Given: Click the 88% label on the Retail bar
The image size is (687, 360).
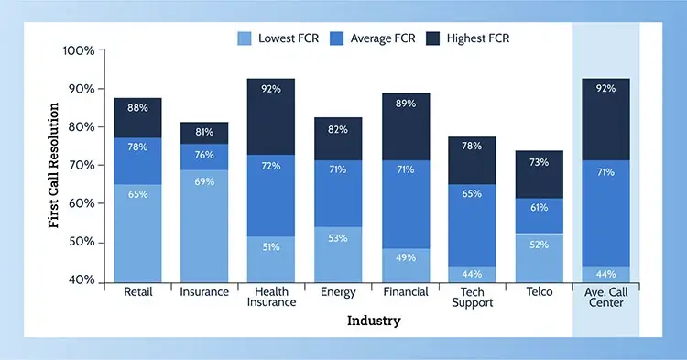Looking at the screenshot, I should point(137,108).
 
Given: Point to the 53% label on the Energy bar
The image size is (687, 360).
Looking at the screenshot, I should point(338,238).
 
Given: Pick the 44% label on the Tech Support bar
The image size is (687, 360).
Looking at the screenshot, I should point(472,273).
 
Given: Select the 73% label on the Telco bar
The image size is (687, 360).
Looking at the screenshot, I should point(539,161).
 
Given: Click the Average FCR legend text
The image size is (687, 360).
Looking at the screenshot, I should point(384,38).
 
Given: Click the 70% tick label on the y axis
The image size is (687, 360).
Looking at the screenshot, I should point(81,165).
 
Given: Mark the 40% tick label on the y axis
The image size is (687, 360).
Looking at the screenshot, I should point(81,280).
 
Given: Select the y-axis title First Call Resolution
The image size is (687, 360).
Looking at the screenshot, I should point(54,165).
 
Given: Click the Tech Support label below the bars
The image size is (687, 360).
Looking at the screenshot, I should point(472,298).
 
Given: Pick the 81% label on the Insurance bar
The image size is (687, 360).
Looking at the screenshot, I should point(204,131).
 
